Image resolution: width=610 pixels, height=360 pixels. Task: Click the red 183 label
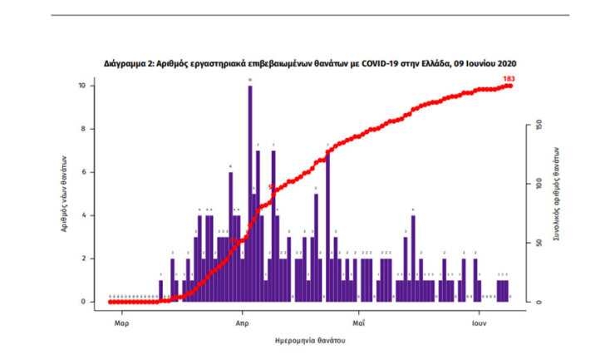point(509,79)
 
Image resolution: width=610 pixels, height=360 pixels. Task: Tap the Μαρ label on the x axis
point(121,319)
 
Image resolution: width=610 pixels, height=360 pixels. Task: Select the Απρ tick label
point(243,319)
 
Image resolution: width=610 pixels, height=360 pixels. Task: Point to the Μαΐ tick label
point(359,319)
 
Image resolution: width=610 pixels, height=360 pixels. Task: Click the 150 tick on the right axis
point(539,125)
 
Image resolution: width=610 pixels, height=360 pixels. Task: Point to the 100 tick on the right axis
point(539,183)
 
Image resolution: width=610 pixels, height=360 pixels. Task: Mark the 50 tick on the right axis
point(539,243)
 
